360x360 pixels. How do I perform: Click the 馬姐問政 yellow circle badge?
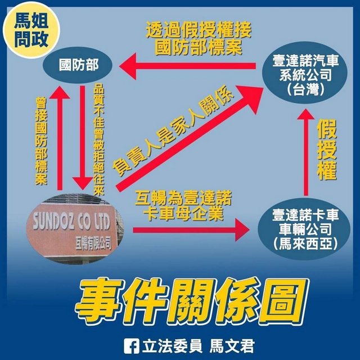pyautogui.click(x=31, y=30)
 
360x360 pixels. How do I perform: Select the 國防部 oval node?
pyautogui.click(x=78, y=65)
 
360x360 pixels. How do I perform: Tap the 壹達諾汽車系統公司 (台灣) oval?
pyautogui.click(x=305, y=73)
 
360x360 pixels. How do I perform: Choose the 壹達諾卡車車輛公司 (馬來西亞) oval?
pyautogui.click(x=304, y=229)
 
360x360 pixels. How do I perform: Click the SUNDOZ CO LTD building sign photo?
pyautogui.click(x=75, y=229)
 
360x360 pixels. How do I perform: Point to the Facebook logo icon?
pyautogui.click(x=131, y=346)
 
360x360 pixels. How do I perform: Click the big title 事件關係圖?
pyautogui.click(x=191, y=300)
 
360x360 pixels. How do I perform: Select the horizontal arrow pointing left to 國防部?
pyautogui.click(x=187, y=66)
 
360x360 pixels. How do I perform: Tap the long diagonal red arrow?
pyautogui.click(x=190, y=138)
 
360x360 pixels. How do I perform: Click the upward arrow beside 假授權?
pyautogui.click(x=306, y=152)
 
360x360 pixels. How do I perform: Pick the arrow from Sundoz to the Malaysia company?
pyautogui.click(x=191, y=230)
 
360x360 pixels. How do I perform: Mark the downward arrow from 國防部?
pyautogui.click(x=83, y=137)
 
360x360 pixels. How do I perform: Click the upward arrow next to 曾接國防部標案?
pyautogui.click(x=60, y=138)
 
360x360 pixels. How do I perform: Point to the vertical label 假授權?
pyautogui.click(x=327, y=150)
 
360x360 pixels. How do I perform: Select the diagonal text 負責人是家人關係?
pyautogui.click(x=173, y=130)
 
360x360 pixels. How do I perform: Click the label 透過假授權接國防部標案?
pyautogui.click(x=199, y=38)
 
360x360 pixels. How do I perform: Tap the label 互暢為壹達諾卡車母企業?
pyautogui.click(x=183, y=206)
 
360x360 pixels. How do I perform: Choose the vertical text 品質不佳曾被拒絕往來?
pyautogui.click(x=99, y=140)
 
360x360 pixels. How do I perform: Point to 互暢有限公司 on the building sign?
pyautogui.click(x=93, y=244)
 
